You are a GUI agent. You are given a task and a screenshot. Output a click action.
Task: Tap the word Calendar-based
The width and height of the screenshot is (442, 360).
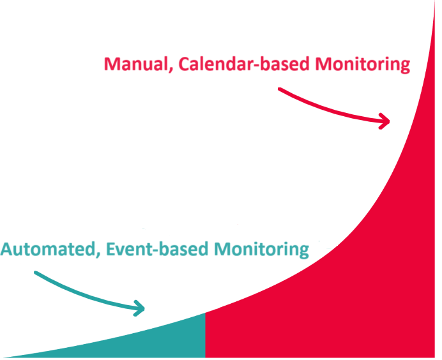(244, 64)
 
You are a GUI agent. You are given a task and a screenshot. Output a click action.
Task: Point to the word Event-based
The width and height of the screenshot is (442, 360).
(157, 249)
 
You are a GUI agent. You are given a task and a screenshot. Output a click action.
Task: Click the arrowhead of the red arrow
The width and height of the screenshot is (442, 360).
(385, 121)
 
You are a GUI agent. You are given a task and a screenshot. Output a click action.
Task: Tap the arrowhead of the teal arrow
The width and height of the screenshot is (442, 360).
(140, 308)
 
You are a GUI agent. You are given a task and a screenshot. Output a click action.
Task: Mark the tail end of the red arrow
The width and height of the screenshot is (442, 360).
(279, 89)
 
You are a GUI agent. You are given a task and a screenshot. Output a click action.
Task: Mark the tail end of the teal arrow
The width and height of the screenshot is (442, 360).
(36, 273)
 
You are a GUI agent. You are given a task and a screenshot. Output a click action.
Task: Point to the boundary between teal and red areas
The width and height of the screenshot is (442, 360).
(206, 335)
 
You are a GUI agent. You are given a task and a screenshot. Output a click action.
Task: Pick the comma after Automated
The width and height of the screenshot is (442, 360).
(98, 255)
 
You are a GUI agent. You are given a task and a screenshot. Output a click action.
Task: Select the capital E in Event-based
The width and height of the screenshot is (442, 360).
(111, 249)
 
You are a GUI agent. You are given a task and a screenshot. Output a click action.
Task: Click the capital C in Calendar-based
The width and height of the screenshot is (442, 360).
(184, 64)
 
